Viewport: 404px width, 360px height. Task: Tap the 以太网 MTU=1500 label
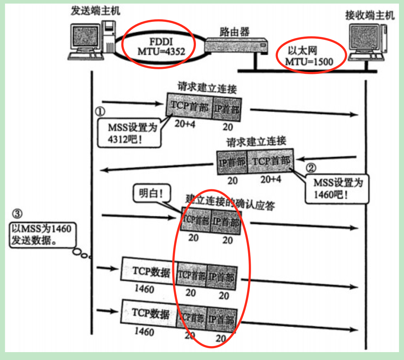coord(309,56)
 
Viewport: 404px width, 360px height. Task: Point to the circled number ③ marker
coord(17,214)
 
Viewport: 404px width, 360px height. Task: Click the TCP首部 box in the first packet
coord(189,105)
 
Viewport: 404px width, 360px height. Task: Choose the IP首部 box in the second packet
coord(232,162)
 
